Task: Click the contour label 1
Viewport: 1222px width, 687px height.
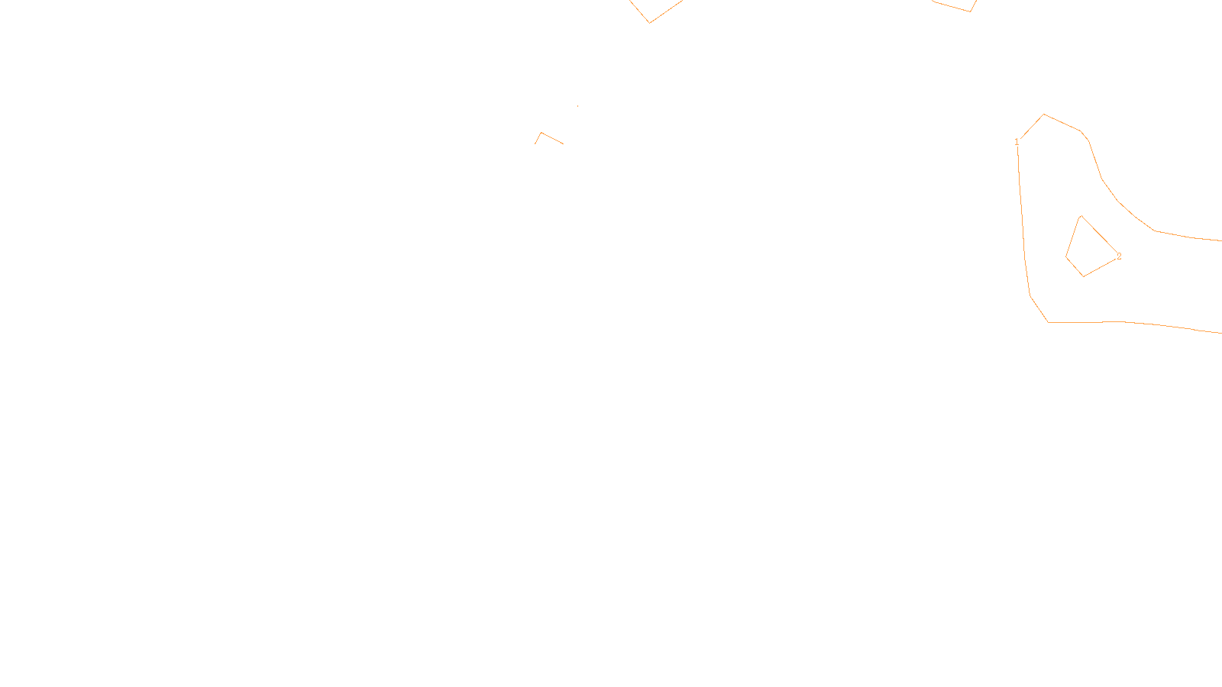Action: tap(1017, 142)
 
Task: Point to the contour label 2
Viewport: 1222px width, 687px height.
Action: tap(1119, 256)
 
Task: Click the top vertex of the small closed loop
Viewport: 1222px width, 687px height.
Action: tap(1080, 216)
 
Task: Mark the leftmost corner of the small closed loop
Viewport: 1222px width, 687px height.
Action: tap(1066, 257)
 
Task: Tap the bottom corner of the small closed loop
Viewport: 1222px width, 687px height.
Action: tap(1083, 276)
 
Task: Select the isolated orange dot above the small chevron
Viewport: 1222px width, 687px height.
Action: tap(577, 106)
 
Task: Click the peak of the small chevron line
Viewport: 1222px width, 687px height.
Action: tap(541, 133)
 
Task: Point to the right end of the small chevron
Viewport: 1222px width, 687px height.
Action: tap(563, 144)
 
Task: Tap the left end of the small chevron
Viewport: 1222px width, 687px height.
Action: tap(535, 144)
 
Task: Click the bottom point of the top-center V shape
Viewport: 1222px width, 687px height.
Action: tap(650, 22)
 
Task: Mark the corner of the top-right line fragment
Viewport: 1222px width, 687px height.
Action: tap(970, 11)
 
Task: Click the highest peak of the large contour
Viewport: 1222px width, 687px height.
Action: tap(1044, 114)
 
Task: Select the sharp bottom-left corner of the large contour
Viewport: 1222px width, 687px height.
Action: tap(1048, 322)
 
